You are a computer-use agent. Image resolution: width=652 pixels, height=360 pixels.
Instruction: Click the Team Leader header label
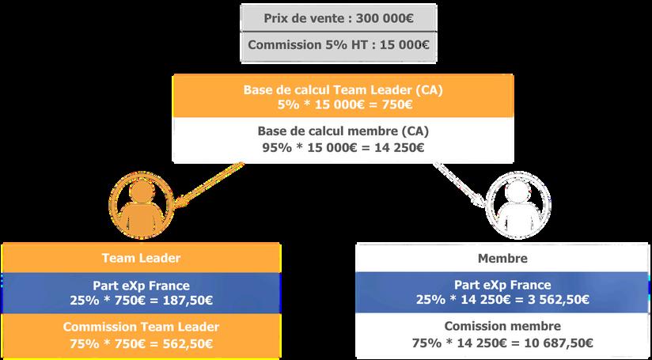[142, 258]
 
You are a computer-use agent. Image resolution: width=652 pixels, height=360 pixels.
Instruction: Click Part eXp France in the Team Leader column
[141, 285]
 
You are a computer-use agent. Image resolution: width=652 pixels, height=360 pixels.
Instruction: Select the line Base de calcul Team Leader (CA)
[343, 90]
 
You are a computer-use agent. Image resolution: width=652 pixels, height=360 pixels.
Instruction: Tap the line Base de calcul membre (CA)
[343, 131]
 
